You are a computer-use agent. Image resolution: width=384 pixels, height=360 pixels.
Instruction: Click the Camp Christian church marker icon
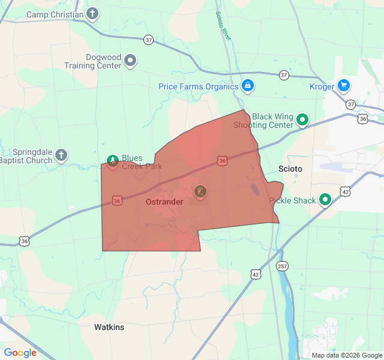(92, 13)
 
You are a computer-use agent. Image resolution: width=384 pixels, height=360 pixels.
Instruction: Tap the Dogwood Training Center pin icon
(130, 61)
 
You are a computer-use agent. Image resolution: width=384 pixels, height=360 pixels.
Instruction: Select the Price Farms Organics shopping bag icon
(247, 86)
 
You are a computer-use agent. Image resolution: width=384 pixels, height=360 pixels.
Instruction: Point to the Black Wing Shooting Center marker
(303, 121)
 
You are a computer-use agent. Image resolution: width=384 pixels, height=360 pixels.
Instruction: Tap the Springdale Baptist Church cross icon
(61, 157)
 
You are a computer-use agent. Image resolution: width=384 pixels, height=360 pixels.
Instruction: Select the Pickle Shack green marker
(325, 200)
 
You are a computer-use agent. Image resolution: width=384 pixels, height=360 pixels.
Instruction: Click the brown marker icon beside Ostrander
(200, 192)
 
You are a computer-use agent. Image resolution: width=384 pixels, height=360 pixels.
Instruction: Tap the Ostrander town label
(164, 202)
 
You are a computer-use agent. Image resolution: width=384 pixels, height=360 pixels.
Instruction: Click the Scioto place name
(291, 169)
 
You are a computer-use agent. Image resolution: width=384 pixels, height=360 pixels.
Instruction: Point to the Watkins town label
(109, 327)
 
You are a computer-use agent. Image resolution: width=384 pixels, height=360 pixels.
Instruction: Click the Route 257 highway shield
(282, 266)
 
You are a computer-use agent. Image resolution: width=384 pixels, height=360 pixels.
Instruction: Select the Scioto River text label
(223, 25)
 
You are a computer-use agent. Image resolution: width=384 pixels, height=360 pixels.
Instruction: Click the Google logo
(20, 353)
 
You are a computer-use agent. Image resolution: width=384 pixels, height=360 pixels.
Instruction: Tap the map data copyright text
(346, 355)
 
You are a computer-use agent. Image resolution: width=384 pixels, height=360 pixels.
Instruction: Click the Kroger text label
(322, 86)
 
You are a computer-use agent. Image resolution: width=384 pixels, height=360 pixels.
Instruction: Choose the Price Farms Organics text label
(199, 86)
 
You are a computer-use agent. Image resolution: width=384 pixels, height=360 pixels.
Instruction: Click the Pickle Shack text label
(292, 200)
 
